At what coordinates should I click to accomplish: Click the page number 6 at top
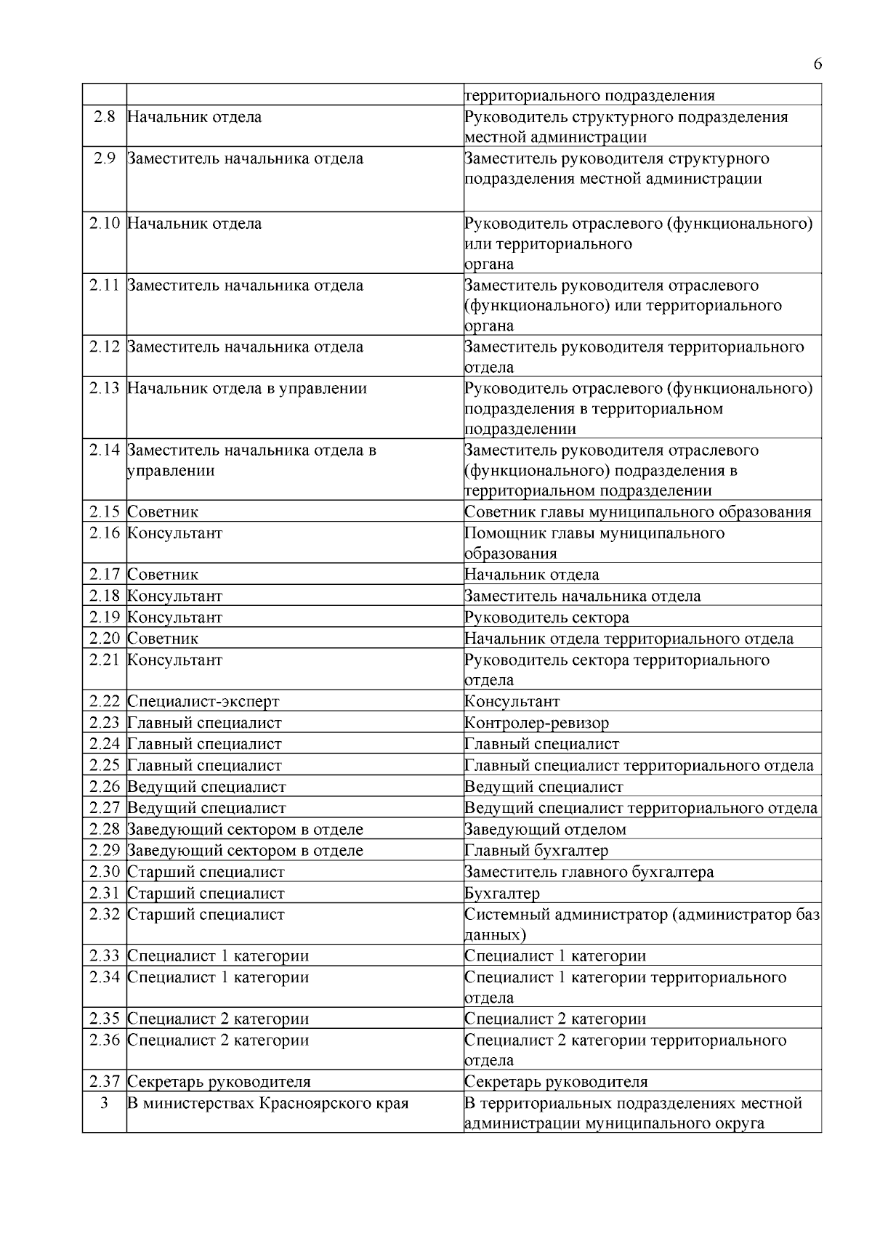coord(817,65)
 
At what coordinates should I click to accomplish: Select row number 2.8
coord(105,117)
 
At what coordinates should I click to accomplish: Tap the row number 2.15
coord(105,512)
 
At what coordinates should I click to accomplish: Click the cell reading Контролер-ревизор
coord(536,723)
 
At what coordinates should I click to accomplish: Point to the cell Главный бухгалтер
coord(536,850)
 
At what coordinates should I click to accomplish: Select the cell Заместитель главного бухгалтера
coord(589,872)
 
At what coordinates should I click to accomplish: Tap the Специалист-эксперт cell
coord(203,702)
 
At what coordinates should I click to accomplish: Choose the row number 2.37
coord(105,1082)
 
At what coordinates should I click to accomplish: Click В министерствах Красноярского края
coord(267,1104)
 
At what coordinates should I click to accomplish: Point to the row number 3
coord(104,1104)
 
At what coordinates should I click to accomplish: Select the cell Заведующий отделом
coord(544,829)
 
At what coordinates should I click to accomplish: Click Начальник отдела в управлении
coord(246,389)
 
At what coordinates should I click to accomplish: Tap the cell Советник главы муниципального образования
coord(637,512)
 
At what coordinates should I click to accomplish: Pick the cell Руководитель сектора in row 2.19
coord(546,618)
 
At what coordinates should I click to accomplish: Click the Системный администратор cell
coord(642,915)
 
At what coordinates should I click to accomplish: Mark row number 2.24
coord(105,744)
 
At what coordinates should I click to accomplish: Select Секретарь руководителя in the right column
coord(555,1082)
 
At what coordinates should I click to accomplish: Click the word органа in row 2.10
coord(488,264)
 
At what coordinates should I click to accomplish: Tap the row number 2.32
coord(105,915)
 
